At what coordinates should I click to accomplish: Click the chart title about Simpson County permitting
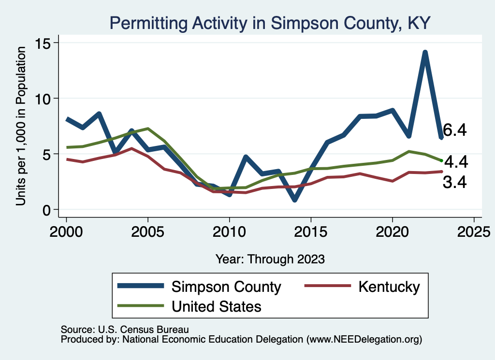coord(270,22)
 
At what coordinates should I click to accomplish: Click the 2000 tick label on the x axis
coord(66,230)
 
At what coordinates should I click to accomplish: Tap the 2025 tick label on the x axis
coord(474,230)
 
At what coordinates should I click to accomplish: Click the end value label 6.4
coord(455,130)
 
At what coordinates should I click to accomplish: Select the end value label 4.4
coord(456,161)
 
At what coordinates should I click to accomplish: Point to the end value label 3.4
coord(455,182)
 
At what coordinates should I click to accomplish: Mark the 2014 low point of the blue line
coord(294,199)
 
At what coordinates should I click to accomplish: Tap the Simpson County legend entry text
coord(226,287)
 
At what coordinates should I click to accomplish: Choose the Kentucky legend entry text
coord(389,287)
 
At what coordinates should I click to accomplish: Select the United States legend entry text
coord(216,306)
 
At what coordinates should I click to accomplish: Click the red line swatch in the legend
coord(326,287)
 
